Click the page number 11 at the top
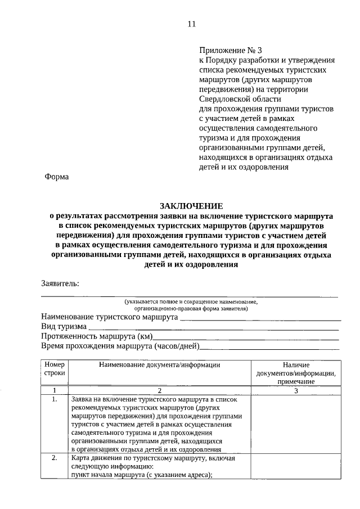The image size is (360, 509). [x=191, y=24]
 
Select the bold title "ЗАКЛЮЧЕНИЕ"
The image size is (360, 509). [x=191, y=206]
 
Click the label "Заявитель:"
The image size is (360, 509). [x=60, y=283]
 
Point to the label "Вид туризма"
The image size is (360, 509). [x=64, y=326]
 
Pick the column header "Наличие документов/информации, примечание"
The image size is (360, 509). [x=295, y=373]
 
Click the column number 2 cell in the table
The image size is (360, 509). [x=159, y=390]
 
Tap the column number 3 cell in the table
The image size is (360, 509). [x=295, y=390]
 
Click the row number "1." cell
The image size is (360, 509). [x=55, y=399]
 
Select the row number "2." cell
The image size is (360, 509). [x=55, y=458]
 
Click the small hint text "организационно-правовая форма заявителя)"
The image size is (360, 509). [x=191, y=308]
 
